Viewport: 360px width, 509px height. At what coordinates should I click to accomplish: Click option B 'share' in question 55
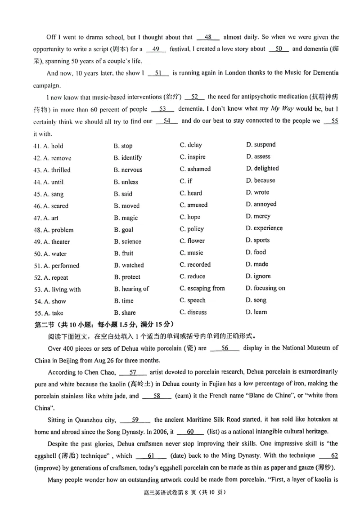(x=125, y=313)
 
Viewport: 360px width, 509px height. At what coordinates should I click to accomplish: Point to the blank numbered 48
(x=208, y=37)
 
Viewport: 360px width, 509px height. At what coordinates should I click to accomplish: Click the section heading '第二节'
(x=45, y=324)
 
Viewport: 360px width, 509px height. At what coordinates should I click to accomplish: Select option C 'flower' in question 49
(x=192, y=241)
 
